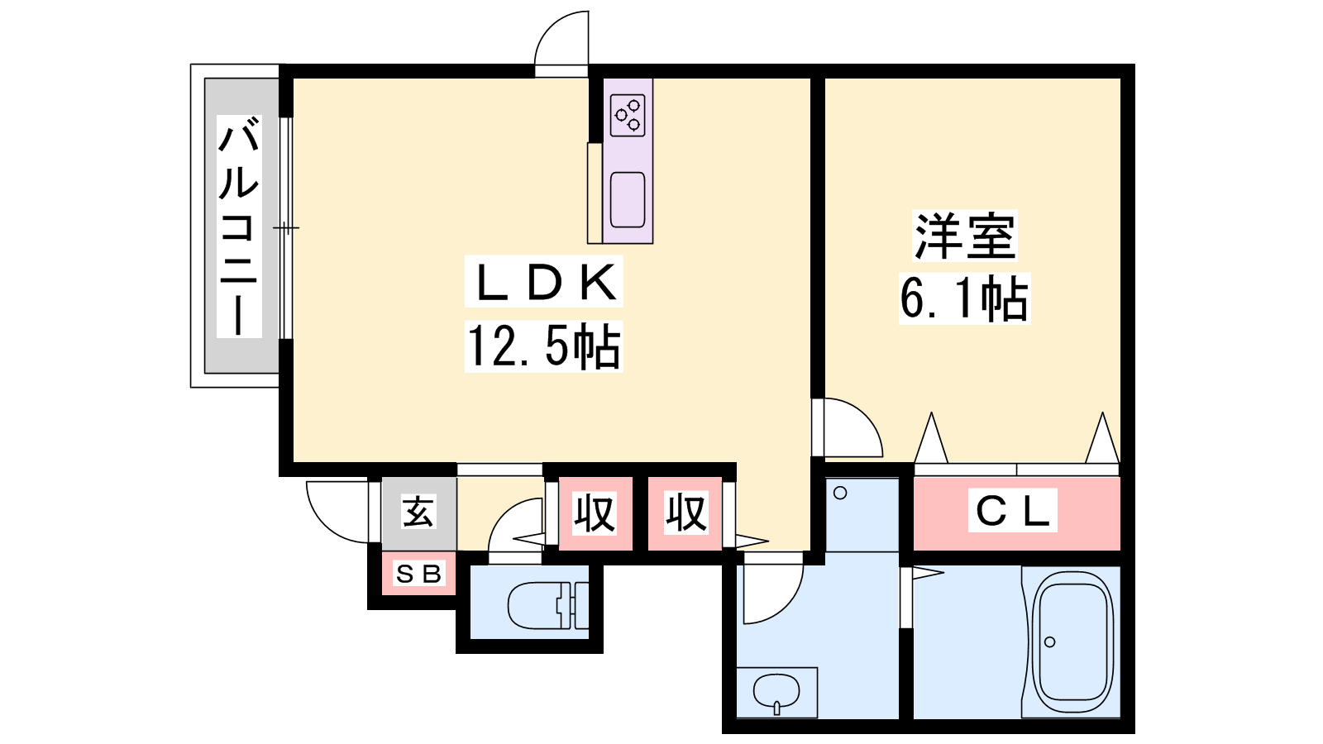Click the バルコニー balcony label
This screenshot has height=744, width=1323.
click(x=239, y=227)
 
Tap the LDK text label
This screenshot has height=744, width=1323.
click(x=544, y=282)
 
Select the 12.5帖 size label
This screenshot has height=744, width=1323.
click(x=544, y=346)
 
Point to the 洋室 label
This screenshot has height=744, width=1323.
click(x=964, y=236)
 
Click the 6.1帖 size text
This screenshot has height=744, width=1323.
click(x=964, y=298)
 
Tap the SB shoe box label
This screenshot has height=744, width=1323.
click(x=418, y=574)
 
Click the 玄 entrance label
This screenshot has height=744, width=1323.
click(x=418, y=512)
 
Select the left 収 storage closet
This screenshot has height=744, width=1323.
click(x=595, y=513)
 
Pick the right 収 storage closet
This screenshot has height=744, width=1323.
click(x=685, y=513)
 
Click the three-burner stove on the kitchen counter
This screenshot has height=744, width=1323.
click(x=628, y=115)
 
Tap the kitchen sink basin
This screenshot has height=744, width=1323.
click(x=628, y=199)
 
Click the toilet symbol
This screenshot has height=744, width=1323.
click(x=548, y=605)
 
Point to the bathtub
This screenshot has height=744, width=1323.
click(x=1072, y=642)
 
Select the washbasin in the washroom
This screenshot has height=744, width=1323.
click(x=776, y=692)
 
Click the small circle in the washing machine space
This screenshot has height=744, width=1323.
click(x=840, y=493)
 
